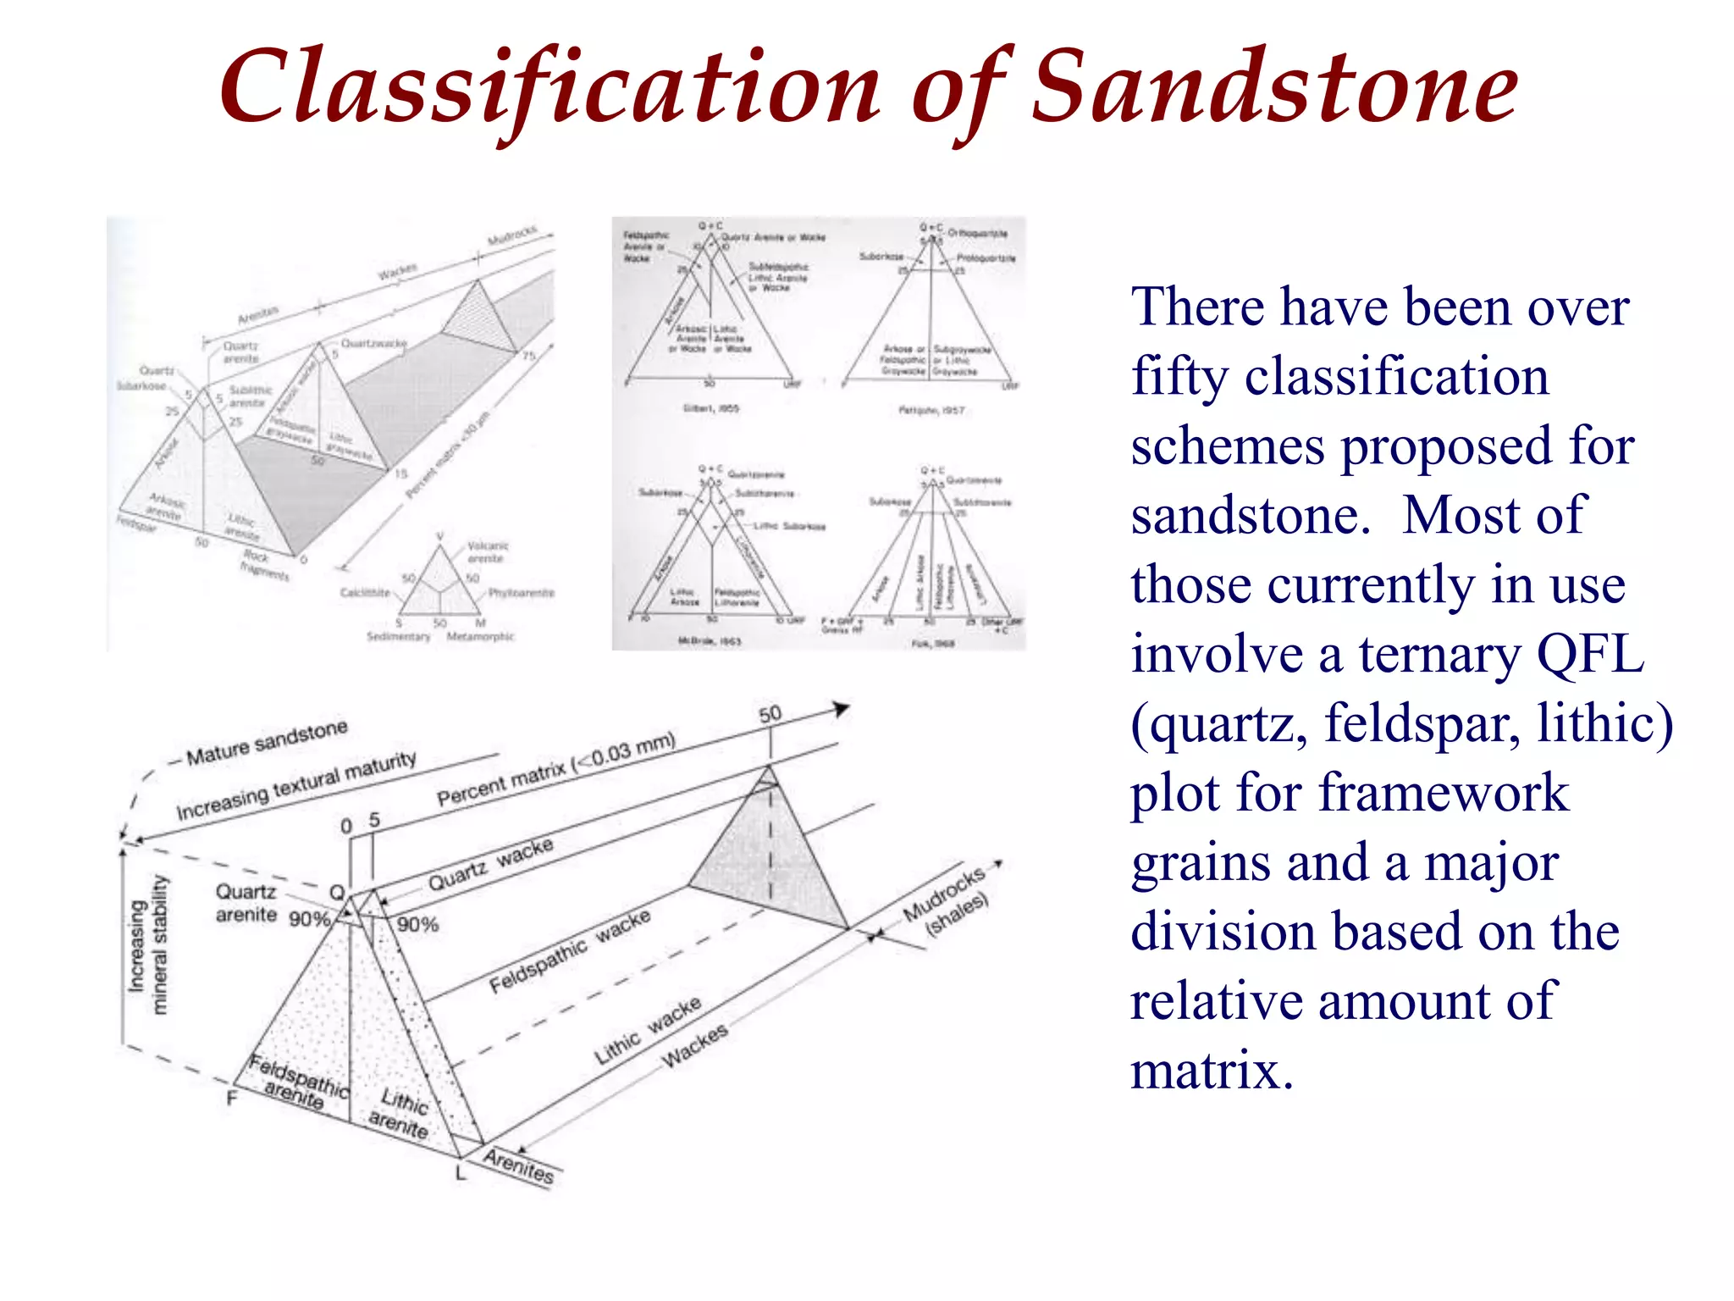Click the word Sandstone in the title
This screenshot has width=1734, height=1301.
(x=1274, y=87)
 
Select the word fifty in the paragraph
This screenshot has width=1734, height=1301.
(x=1179, y=377)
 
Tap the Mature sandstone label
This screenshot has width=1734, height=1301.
(x=266, y=742)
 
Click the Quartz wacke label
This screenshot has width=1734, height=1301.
(x=490, y=864)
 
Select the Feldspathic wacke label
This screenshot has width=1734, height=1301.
(x=570, y=951)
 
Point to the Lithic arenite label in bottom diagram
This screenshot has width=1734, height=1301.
(x=400, y=1113)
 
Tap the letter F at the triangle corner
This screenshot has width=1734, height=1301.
(x=231, y=1099)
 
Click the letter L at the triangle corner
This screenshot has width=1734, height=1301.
(x=461, y=1173)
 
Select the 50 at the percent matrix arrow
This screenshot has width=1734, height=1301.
(x=770, y=714)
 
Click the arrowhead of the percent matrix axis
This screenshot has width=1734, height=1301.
(x=842, y=708)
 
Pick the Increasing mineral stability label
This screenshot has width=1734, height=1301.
(x=147, y=944)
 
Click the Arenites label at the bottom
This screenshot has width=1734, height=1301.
(x=519, y=1165)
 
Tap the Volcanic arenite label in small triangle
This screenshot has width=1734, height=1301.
(x=487, y=552)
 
